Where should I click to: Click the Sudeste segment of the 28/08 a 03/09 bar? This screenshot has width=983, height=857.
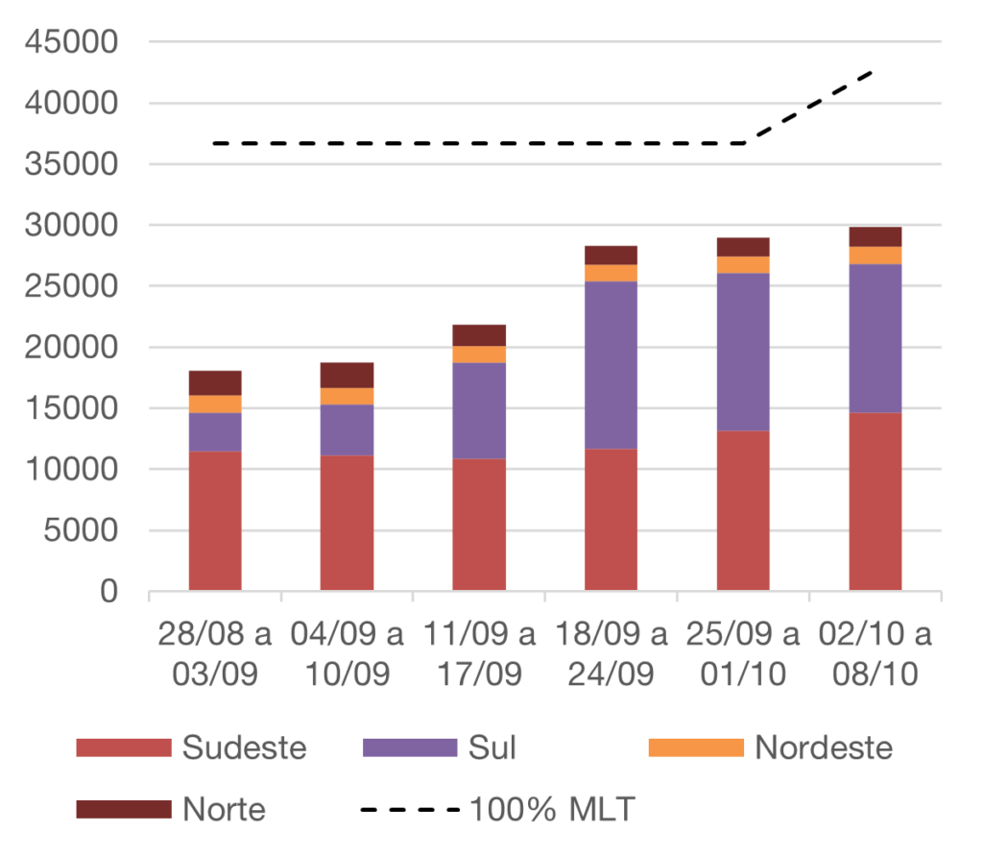(x=215, y=520)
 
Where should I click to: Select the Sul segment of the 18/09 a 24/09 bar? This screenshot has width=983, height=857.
(x=611, y=365)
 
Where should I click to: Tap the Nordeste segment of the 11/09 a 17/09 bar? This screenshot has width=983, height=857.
(x=479, y=354)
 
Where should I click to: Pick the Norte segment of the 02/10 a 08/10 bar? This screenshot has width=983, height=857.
(x=875, y=236)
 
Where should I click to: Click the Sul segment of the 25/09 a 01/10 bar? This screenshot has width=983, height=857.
(x=743, y=352)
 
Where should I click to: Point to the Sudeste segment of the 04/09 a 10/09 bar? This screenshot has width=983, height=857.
(x=347, y=522)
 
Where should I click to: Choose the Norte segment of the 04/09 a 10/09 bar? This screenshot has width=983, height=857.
(x=347, y=375)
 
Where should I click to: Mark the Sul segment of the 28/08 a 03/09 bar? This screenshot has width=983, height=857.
(x=215, y=431)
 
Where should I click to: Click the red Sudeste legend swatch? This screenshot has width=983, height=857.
(x=124, y=747)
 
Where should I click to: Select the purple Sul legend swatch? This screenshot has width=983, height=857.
(x=410, y=747)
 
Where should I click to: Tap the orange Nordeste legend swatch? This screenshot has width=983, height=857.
(x=696, y=747)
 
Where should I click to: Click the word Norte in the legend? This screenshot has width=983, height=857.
(x=224, y=809)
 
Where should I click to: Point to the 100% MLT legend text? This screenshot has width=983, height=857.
(x=552, y=809)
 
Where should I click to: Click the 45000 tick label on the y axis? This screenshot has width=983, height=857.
(x=74, y=42)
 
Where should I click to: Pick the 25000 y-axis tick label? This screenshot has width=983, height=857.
(x=74, y=286)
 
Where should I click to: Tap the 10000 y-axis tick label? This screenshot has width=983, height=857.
(x=74, y=470)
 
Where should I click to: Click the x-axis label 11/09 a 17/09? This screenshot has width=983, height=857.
(x=479, y=654)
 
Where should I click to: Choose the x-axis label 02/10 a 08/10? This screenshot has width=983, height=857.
(x=875, y=654)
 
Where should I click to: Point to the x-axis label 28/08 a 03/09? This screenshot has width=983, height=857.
(x=215, y=654)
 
